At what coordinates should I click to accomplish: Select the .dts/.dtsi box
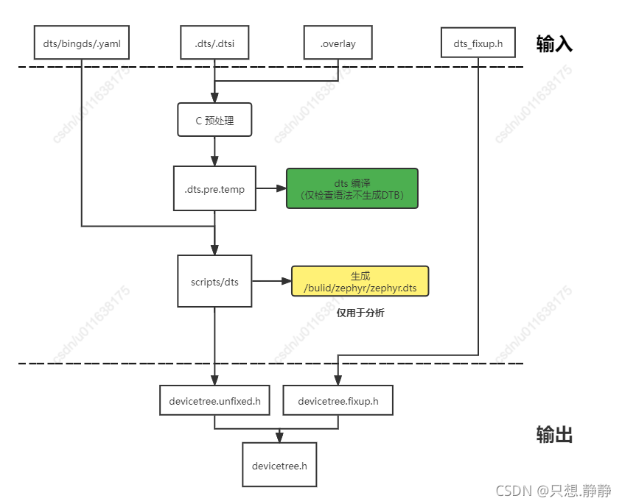(x=214, y=43)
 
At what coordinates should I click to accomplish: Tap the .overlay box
(x=338, y=43)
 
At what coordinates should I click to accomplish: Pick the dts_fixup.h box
(x=478, y=44)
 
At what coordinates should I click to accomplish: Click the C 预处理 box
(x=214, y=120)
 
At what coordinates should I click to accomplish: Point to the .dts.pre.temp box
(x=214, y=189)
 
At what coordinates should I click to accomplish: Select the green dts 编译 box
(x=352, y=189)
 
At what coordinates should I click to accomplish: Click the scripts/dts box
(x=214, y=281)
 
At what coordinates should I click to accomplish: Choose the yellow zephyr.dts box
(x=360, y=281)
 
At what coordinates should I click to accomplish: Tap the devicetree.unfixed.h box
(x=214, y=401)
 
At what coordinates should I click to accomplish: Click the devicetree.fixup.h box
(x=338, y=401)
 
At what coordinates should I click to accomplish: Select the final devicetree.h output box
(x=279, y=465)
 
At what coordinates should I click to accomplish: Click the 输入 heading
(x=554, y=44)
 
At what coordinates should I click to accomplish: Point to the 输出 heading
(x=554, y=435)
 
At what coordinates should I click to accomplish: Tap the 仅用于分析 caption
(x=360, y=313)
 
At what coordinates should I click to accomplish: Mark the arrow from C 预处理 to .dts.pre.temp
(x=214, y=151)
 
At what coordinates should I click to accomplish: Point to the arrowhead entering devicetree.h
(x=279, y=439)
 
